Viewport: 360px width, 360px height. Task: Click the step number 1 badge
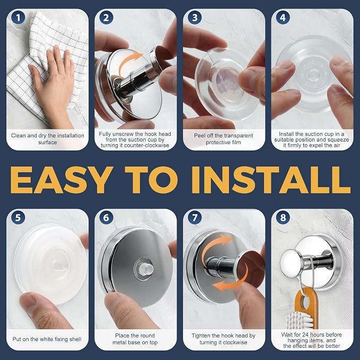[18, 17]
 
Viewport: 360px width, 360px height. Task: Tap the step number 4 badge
[283, 17]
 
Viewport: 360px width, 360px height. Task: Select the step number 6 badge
[106, 217]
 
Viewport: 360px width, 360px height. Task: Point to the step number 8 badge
[283, 217]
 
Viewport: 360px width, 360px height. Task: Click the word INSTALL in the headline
[271, 180]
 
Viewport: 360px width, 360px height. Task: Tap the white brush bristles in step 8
[299, 320]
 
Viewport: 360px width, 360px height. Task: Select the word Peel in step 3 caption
[199, 136]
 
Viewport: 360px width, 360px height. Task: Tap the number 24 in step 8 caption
[305, 335]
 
